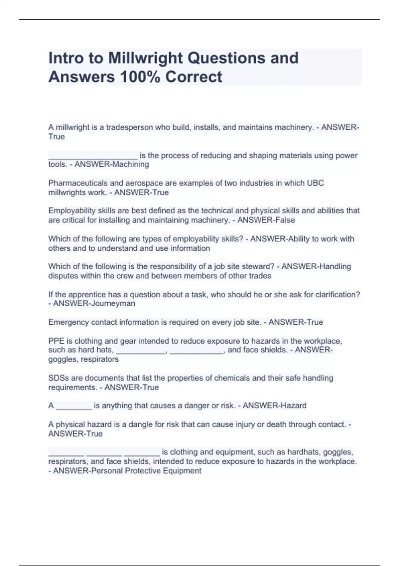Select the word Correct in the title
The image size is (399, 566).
pos(194,77)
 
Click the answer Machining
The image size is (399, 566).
pos(131,164)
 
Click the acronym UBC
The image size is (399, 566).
pos(315,183)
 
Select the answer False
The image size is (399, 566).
pos(283,220)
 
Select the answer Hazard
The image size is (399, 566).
pos(293,406)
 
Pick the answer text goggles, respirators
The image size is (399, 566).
pos(83,360)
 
